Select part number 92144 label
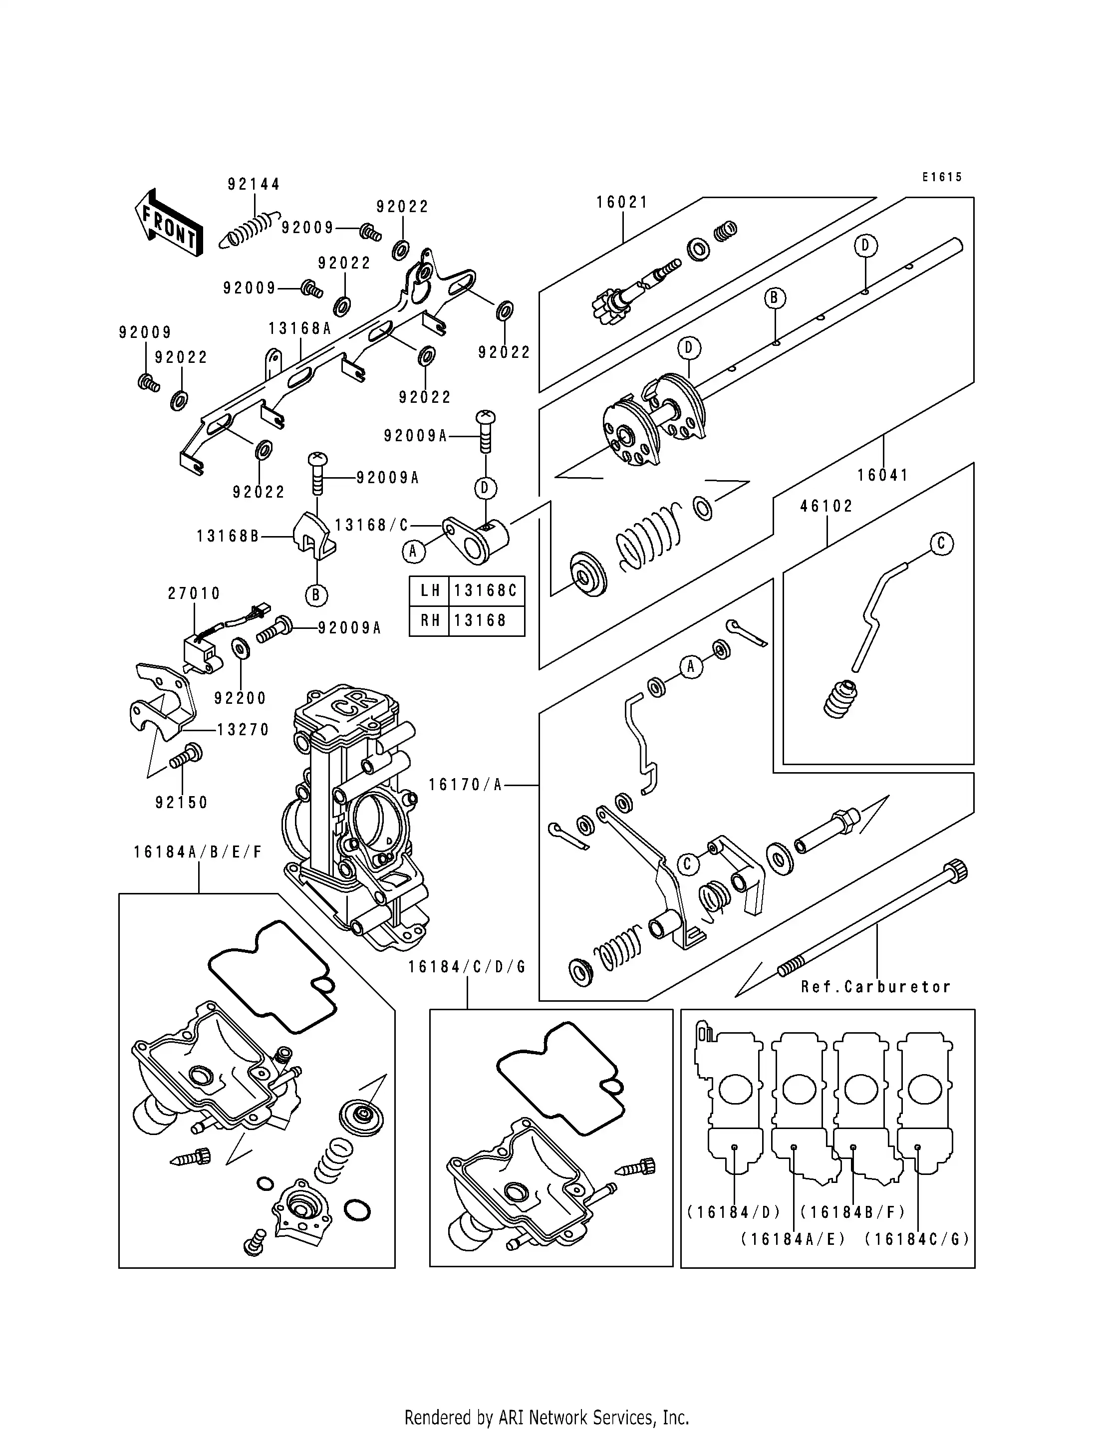pos(254,184)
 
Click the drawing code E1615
pos(942,177)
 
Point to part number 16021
pos(622,203)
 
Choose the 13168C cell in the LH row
pos(485,591)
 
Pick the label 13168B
pos(228,536)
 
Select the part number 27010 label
pos(194,593)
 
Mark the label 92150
pos(182,803)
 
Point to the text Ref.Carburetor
pos(876,987)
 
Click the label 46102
pos(826,506)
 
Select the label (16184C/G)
pos(917,1239)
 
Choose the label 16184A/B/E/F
pos(198,852)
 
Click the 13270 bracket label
pos(243,730)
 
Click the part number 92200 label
pos(240,698)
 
